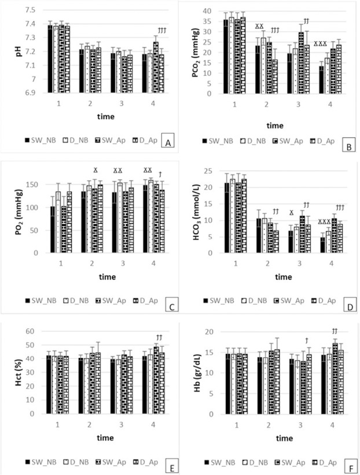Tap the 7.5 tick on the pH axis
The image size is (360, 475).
click(x=28, y=10)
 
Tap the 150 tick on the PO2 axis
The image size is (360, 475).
click(x=35, y=184)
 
